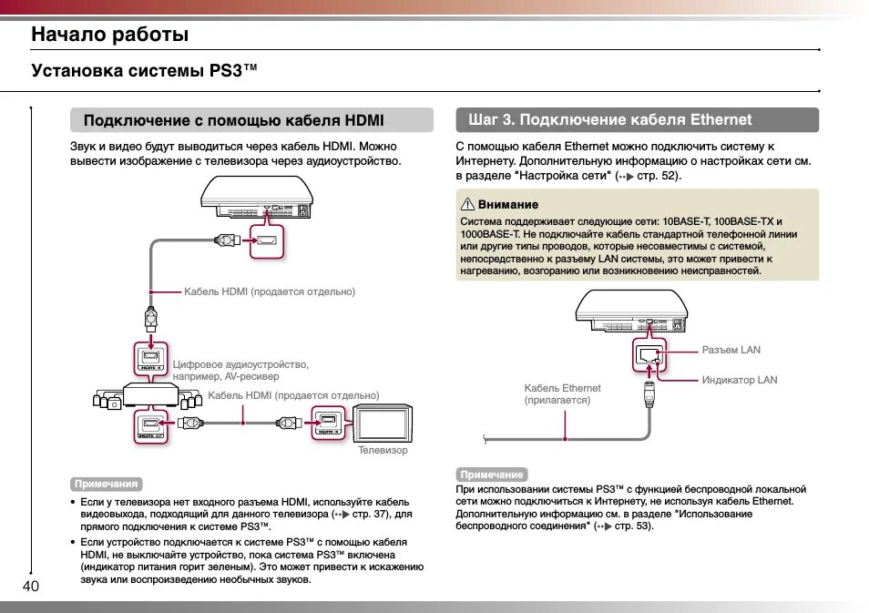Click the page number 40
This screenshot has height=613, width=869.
tap(30, 587)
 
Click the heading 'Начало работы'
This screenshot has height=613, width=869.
tap(110, 35)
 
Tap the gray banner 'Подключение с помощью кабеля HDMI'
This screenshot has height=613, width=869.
tap(251, 120)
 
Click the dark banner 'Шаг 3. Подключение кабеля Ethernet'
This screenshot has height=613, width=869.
tap(637, 120)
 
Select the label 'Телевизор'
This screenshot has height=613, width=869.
tap(383, 450)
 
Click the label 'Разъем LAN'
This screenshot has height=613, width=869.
tap(731, 350)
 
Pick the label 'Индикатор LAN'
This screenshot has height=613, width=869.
tap(740, 380)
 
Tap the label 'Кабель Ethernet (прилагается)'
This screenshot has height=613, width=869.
tap(562, 394)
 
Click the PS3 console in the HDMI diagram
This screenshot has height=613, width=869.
tap(259, 198)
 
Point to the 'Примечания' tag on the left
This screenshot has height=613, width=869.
tap(107, 484)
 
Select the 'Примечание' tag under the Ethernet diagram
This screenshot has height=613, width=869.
tap(492, 475)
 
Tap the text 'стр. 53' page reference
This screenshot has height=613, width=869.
tap(633, 526)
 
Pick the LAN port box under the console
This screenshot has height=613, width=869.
tap(649, 355)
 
